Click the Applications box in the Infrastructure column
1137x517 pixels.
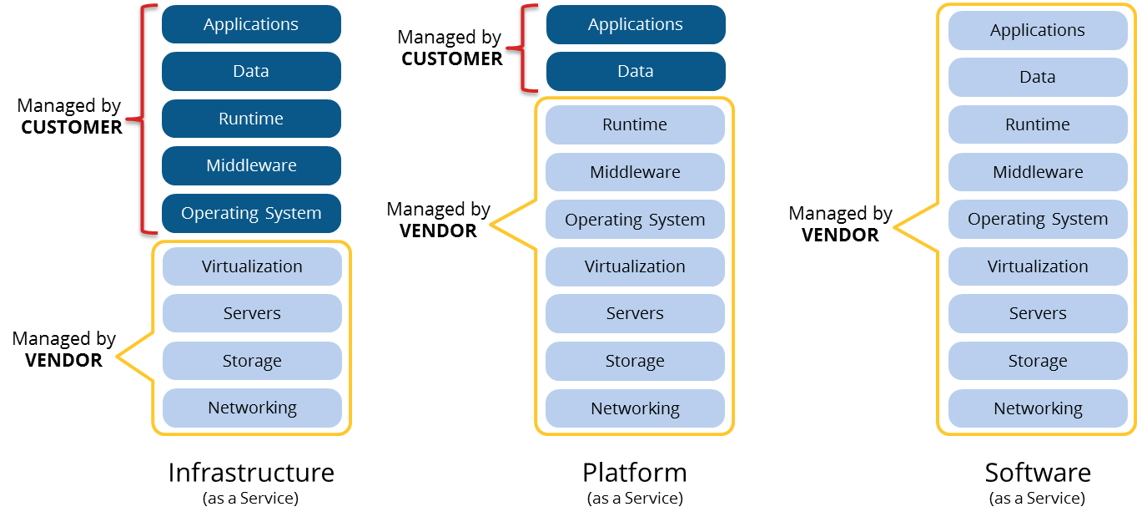tap(251, 24)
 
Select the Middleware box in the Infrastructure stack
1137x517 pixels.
tap(251, 165)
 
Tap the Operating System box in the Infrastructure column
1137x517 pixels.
tap(251, 213)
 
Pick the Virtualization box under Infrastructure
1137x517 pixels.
tap(252, 266)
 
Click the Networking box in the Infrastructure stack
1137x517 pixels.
tap(252, 408)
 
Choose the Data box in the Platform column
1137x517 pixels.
tap(636, 71)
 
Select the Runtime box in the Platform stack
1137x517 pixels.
tap(635, 124)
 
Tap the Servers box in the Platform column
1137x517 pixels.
tap(635, 313)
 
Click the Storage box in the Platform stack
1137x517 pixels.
tap(635, 361)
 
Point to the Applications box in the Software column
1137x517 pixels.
tap(1038, 30)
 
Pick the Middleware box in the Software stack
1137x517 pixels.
tap(1038, 172)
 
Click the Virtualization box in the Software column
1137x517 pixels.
tap(1038, 266)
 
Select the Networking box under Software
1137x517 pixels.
tap(1038, 408)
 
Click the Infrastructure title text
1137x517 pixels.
tap(251, 473)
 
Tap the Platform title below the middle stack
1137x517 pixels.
tap(635, 473)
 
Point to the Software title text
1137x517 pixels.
tap(1038, 473)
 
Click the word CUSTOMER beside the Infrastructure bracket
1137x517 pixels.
tap(72, 127)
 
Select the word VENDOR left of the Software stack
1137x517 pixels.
tap(840, 235)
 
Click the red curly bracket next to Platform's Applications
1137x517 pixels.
tap(524, 48)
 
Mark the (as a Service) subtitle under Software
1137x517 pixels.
tap(1038, 499)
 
